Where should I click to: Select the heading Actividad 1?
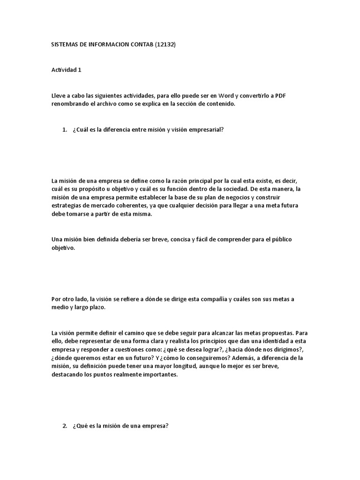click(x=67, y=70)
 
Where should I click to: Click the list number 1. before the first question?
click(x=65, y=130)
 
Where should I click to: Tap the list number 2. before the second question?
click(x=65, y=426)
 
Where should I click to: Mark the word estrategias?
click(x=66, y=206)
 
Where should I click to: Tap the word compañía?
click(x=204, y=299)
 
